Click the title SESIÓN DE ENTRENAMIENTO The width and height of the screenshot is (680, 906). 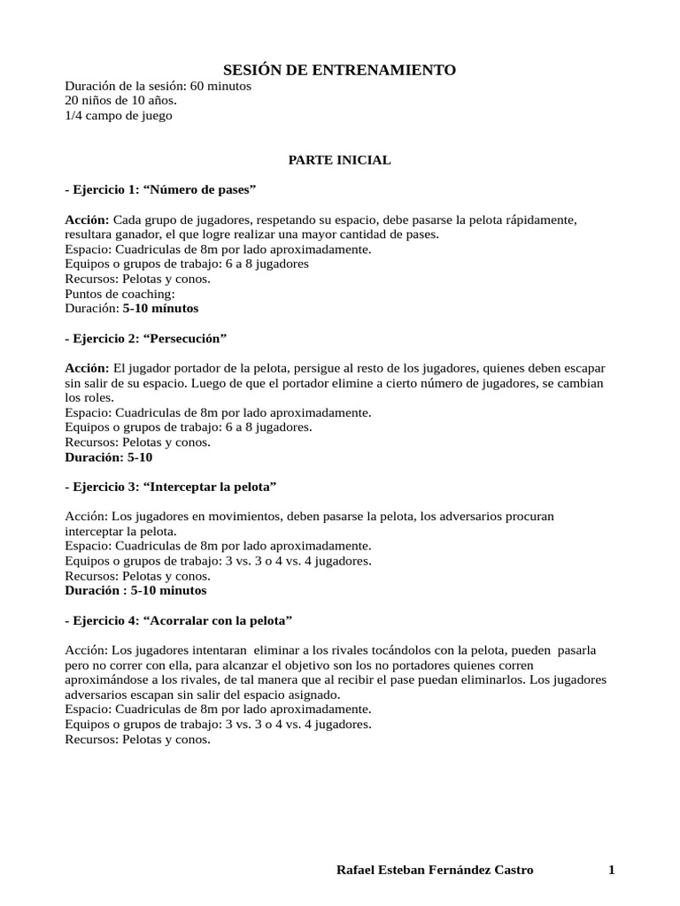pos(339,70)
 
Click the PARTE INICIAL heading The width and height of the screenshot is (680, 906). pos(339,160)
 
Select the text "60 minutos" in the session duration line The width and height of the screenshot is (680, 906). pos(220,87)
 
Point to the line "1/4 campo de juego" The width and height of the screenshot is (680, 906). pos(118,116)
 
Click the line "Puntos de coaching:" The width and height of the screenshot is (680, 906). pos(120,294)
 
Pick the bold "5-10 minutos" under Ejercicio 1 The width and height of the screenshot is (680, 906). pos(160,309)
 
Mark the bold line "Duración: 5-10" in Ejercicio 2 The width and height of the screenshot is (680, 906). pos(110,457)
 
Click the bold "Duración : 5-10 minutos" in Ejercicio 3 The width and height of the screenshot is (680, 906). pos(135,590)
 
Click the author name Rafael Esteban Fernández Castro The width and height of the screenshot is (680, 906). pos(436,870)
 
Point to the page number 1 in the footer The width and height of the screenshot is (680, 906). pos(611,870)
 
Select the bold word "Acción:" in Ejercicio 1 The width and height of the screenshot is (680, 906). pos(87,219)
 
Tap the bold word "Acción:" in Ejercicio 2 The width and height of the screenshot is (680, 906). pos(87,368)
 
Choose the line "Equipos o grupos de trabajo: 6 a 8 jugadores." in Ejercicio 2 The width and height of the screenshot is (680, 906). pos(188,427)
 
